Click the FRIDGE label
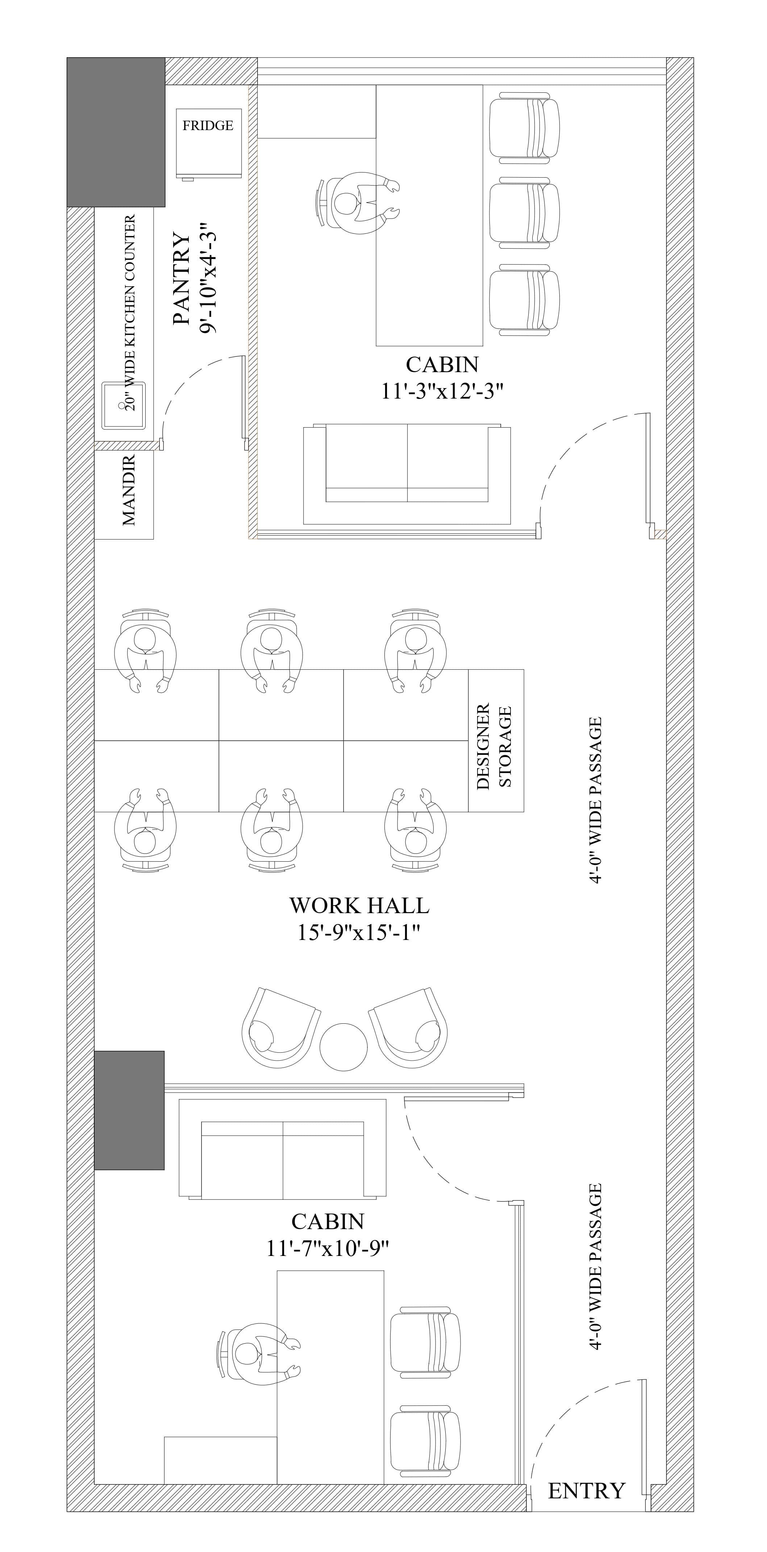point(208,125)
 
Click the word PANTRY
point(182,279)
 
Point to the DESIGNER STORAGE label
point(494,746)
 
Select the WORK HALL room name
point(359,906)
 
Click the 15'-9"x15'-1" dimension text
point(358,933)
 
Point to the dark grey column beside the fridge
point(116,132)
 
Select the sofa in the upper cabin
point(407,475)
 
